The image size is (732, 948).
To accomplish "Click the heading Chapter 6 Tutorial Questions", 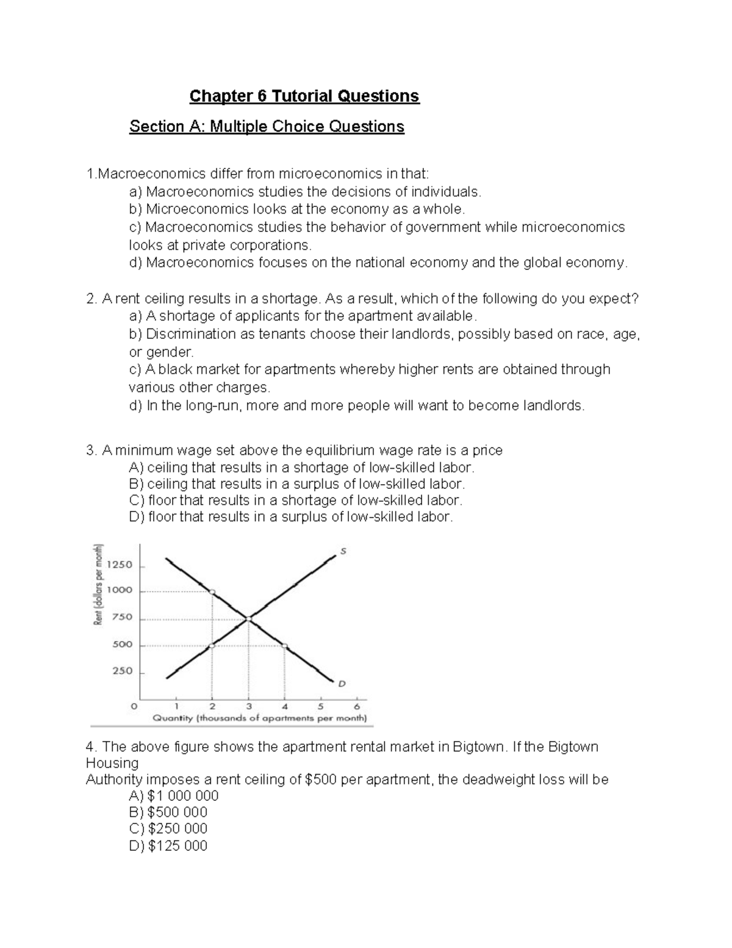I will pos(304,96).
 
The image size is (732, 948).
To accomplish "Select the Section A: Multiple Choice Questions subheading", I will pos(267,126).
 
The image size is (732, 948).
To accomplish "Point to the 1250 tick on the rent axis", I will pos(119,565).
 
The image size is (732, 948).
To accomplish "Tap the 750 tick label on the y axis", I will pos(121,617).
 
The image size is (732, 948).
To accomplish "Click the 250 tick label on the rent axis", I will pos(121,671).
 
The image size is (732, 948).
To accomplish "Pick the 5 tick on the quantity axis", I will pos(320,706).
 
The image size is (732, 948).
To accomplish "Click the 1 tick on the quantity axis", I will pos(176,706).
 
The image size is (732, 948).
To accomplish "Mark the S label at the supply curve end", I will pos(343,551).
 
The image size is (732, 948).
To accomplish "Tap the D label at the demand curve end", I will pos(342,684).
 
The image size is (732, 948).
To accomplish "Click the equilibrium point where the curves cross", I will pos(248,619).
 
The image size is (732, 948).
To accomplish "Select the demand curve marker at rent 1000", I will pos(212,592).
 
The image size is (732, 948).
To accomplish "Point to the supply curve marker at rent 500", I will pos(212,645).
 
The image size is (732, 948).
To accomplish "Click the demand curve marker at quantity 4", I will pos(285,646).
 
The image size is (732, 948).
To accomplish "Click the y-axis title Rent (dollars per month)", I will pos(97,584).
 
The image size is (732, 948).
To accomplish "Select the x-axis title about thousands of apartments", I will pos(259,718).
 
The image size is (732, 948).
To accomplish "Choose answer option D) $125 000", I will pos(168,845).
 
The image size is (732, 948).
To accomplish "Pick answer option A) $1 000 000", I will pos(174,795).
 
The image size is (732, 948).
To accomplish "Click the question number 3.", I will pos(91,450).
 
